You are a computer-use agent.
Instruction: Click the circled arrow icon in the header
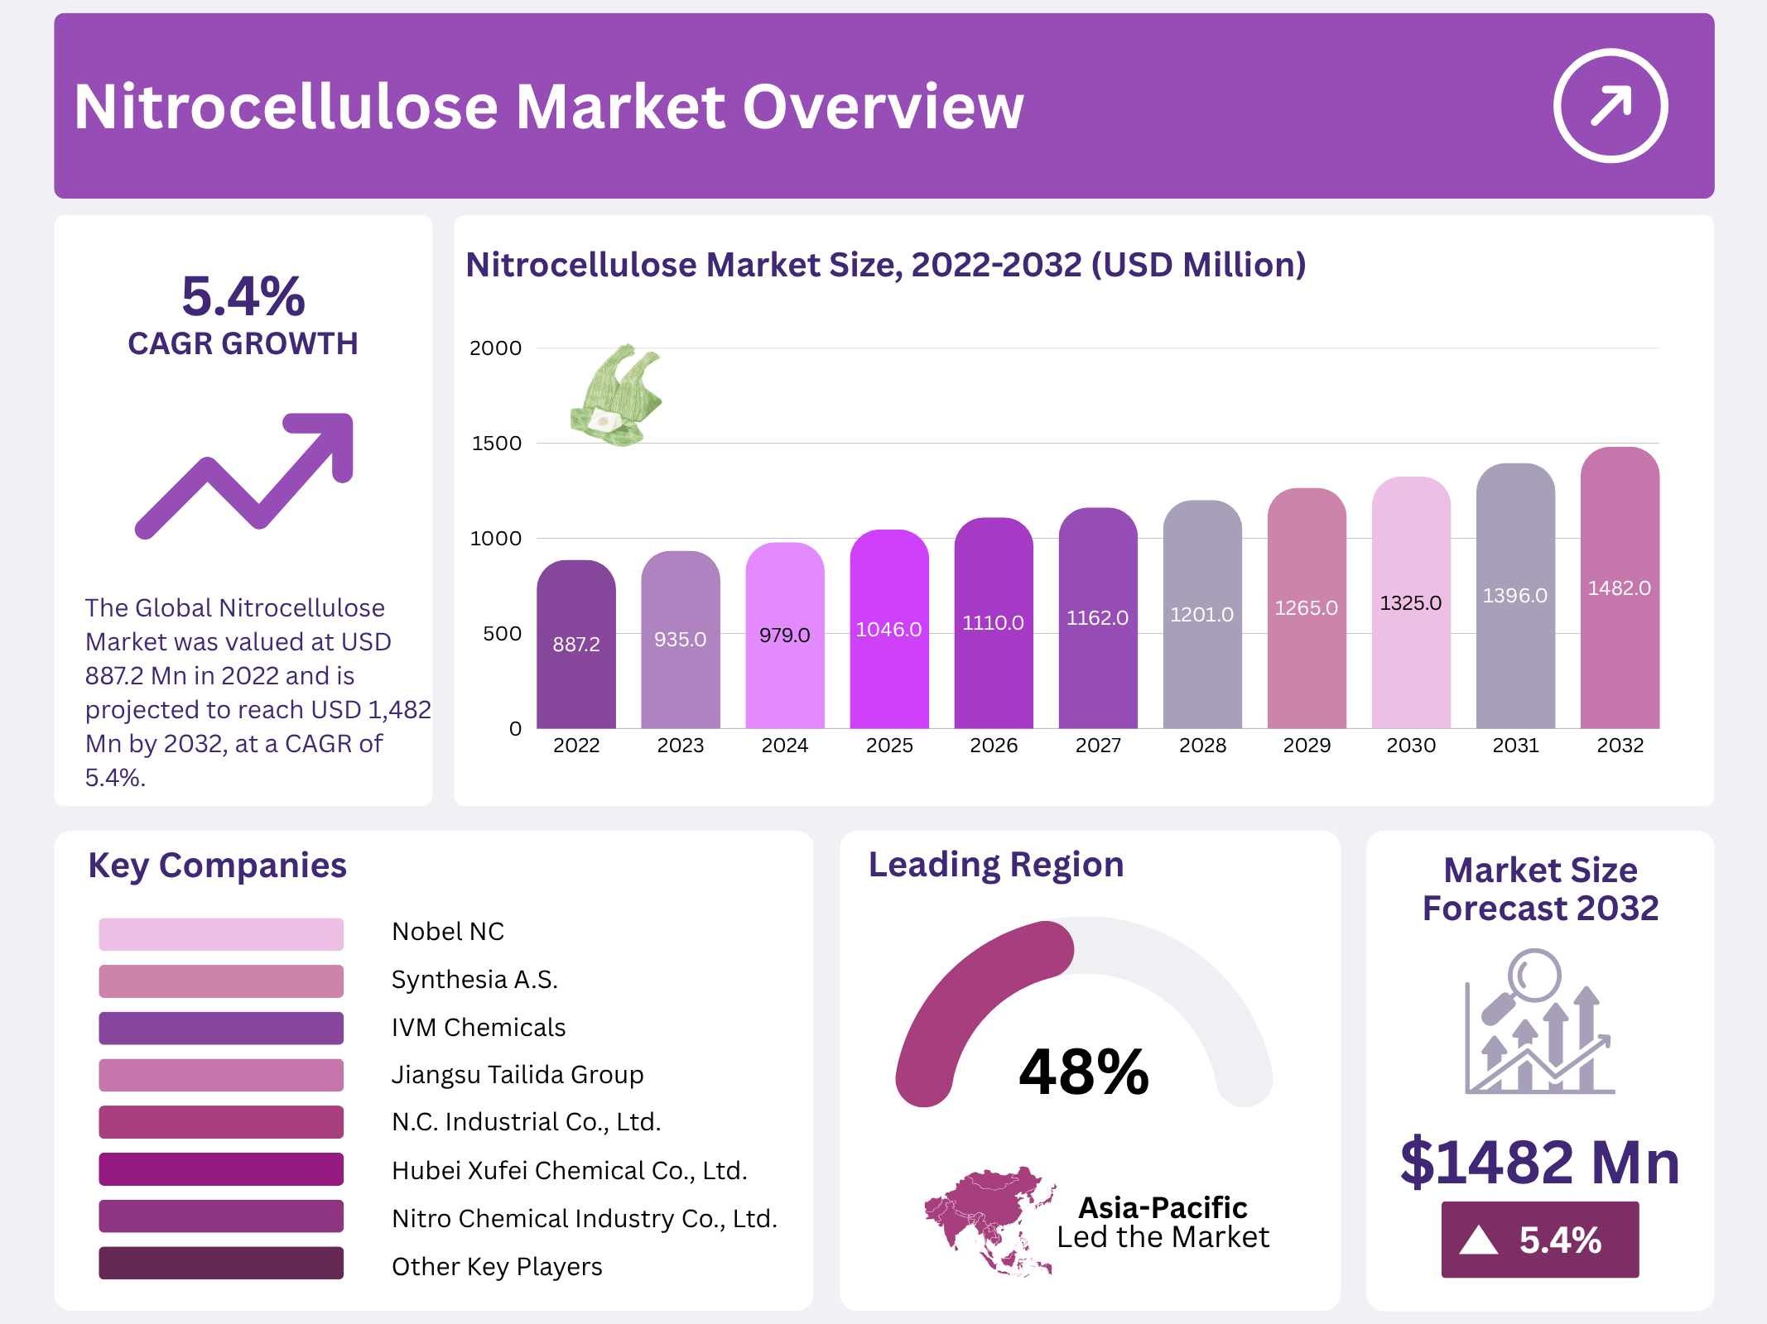tap(1610, 106)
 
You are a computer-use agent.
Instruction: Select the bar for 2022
tap(575, 645)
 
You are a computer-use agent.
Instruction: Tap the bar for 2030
tap(1411, 604)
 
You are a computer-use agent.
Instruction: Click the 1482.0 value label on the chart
tap(1619, 588)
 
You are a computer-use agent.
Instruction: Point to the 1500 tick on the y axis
tap(497, 444)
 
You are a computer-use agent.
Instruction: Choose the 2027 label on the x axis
tap(1098, 746)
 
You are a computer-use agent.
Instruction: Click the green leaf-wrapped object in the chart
tap(616, 396)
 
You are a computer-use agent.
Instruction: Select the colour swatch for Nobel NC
tap(221, 933)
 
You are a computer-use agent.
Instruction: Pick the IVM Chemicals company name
tap(479, 1028)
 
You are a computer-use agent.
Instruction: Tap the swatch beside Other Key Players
tap(221, 1264)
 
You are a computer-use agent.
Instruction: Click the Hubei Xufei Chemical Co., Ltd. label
tap(570, 1171)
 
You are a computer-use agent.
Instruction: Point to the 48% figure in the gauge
tap(1084, 1072)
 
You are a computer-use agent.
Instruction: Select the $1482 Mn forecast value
tap(1539, 1162)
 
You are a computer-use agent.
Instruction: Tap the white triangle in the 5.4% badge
tap(1478, 1240)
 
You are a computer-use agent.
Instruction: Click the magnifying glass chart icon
tap(1539, 1023)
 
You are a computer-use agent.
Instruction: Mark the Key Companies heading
tap(217, 866)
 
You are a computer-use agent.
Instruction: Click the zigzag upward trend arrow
tap(245, 475)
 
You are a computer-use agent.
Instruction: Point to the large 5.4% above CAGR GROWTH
tap(243, 296)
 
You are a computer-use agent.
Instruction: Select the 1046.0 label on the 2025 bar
tap(888, 630)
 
